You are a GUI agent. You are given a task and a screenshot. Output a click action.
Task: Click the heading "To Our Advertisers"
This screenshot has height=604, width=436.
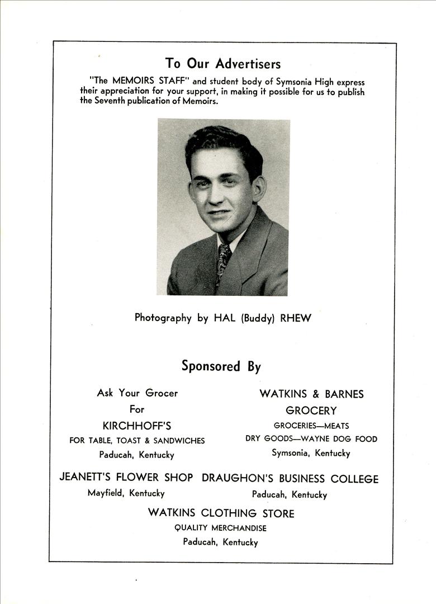[222, 63]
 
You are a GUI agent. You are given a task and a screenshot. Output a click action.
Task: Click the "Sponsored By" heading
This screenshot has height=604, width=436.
[221, 366]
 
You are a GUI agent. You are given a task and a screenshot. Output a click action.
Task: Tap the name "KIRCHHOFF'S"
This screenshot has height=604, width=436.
[137, 426]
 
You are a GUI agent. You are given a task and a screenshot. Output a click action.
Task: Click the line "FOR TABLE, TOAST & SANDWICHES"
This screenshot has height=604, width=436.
[137, 441]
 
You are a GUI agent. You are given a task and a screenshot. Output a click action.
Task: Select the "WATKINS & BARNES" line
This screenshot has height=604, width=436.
[311, 394]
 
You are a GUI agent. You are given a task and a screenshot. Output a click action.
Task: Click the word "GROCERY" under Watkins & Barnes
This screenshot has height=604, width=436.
[311, 410]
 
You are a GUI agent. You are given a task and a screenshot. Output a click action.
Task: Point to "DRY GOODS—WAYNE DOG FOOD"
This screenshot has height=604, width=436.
[311, 439]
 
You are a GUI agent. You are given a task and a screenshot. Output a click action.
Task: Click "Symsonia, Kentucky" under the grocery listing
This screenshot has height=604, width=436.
[311, 453]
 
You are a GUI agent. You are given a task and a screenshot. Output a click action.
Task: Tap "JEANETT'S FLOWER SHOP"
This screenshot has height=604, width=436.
[126, 478]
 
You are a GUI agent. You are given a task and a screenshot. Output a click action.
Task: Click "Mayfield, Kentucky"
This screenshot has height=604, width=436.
[126, 493]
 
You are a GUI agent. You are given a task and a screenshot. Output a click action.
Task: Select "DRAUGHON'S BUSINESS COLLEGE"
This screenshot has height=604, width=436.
[290, 479]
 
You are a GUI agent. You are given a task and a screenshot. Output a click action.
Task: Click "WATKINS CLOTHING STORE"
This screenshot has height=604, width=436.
[221, 513]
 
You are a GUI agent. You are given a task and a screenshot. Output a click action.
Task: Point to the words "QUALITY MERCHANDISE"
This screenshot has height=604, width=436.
[221, 528]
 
